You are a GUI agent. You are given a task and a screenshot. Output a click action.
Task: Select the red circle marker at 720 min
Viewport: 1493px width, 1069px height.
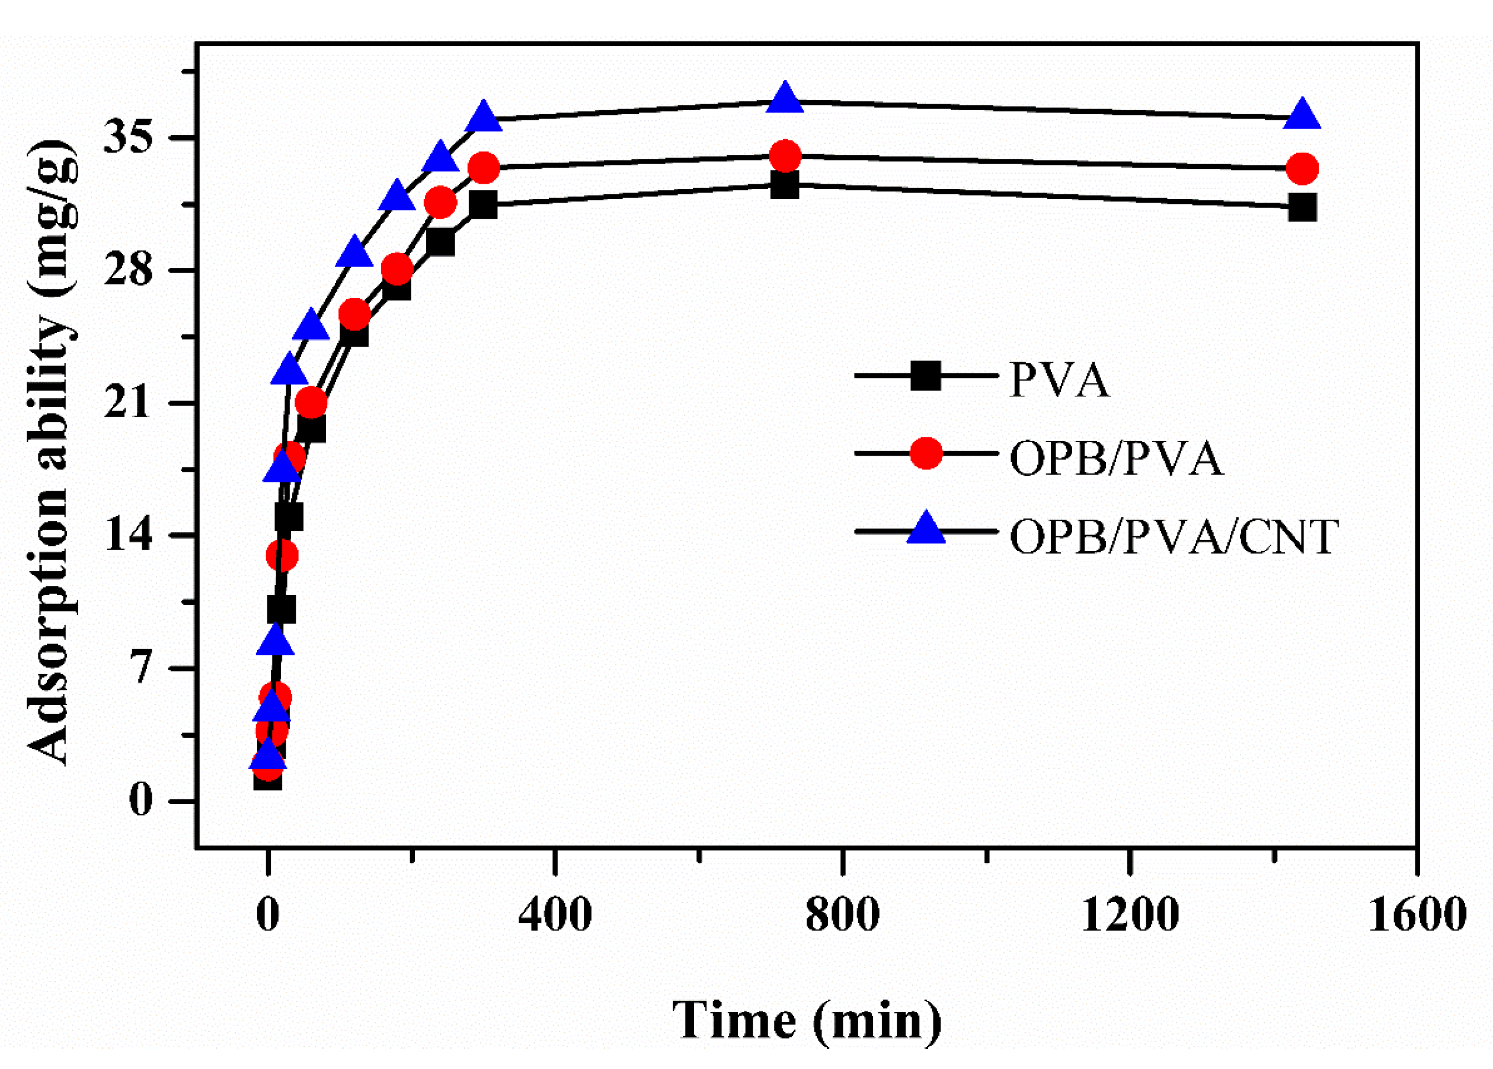click(785, 156)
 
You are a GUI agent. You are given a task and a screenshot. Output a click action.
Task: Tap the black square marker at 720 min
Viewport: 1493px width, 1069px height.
click(785, 185)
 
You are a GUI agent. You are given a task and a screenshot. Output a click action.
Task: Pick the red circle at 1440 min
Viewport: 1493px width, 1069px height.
click(1302, 168)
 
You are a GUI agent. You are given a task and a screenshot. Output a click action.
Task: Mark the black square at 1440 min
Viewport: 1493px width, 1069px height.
click(1302, 207)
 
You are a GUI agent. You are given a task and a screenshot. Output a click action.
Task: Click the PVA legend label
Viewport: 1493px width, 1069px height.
click(1059, 380)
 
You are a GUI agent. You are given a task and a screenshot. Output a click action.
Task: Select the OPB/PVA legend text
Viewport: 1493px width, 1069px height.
click(1117, 458)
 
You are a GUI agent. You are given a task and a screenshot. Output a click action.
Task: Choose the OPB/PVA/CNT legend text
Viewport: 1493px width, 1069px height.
click(1174, 536)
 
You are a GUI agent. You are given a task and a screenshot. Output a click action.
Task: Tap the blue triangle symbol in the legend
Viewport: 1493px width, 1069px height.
click(926, 529)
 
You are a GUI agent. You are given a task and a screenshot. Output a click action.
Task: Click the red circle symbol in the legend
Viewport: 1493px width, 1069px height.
click(926, 453)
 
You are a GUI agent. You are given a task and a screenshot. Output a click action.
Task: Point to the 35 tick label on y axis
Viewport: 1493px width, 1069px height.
click(129, 137)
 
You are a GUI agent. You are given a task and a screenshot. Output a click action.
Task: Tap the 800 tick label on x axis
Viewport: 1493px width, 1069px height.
click(843, 914)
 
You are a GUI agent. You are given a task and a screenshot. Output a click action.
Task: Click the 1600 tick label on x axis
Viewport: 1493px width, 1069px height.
click(1417, 914)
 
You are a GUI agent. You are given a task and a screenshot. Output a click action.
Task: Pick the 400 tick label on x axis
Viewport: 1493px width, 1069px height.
click(555, 914)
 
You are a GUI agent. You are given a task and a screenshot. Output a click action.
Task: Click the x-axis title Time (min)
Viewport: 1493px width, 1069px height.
click(807, 1021)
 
